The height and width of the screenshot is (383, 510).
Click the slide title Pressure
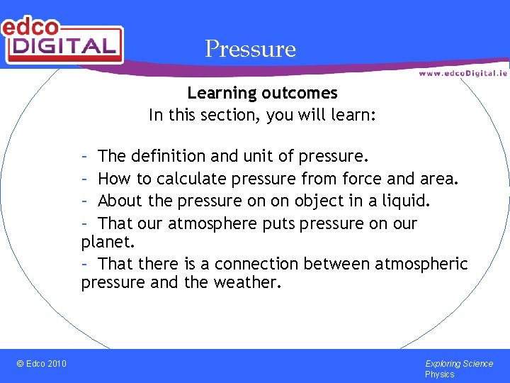(250, 49)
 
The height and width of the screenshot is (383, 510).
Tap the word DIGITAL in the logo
(64, 46)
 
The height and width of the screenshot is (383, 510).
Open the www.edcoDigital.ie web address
(462, 73)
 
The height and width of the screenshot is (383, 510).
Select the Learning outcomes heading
(262, 93)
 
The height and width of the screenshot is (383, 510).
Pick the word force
(361, 178)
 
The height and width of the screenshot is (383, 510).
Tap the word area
(439, 178)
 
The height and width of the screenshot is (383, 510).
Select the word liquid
(405, 201)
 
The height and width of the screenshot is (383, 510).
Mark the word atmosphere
(209, 223)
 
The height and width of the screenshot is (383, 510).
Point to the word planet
(106, 242)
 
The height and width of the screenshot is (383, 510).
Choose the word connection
(256, 265)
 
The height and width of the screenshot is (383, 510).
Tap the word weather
(251, 283)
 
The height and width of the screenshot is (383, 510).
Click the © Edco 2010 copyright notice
(41, 364)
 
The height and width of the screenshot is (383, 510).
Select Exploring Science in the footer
(459, 364)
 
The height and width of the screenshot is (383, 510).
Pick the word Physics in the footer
(439, 374)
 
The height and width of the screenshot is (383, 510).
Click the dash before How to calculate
(84, 178)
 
